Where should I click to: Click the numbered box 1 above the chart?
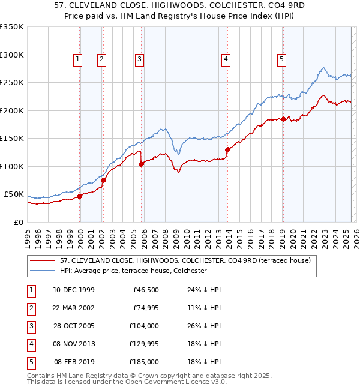tap(79, 59)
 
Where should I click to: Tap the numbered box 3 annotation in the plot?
tap(139, 59)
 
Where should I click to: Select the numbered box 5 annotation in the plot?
tap(281, 59)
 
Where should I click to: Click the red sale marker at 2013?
tap(227, 149)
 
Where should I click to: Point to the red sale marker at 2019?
tap(283, 119)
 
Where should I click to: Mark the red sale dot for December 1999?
tap(80, 196)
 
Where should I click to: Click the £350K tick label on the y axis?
tap(12, 27)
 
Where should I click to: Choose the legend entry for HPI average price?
tap(133, 271)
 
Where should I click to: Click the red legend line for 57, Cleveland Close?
tap(43, 260)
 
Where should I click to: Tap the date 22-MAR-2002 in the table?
tap(74, 308)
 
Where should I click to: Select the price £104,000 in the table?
tap(144, 326)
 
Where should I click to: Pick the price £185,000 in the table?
tap(144, 362)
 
